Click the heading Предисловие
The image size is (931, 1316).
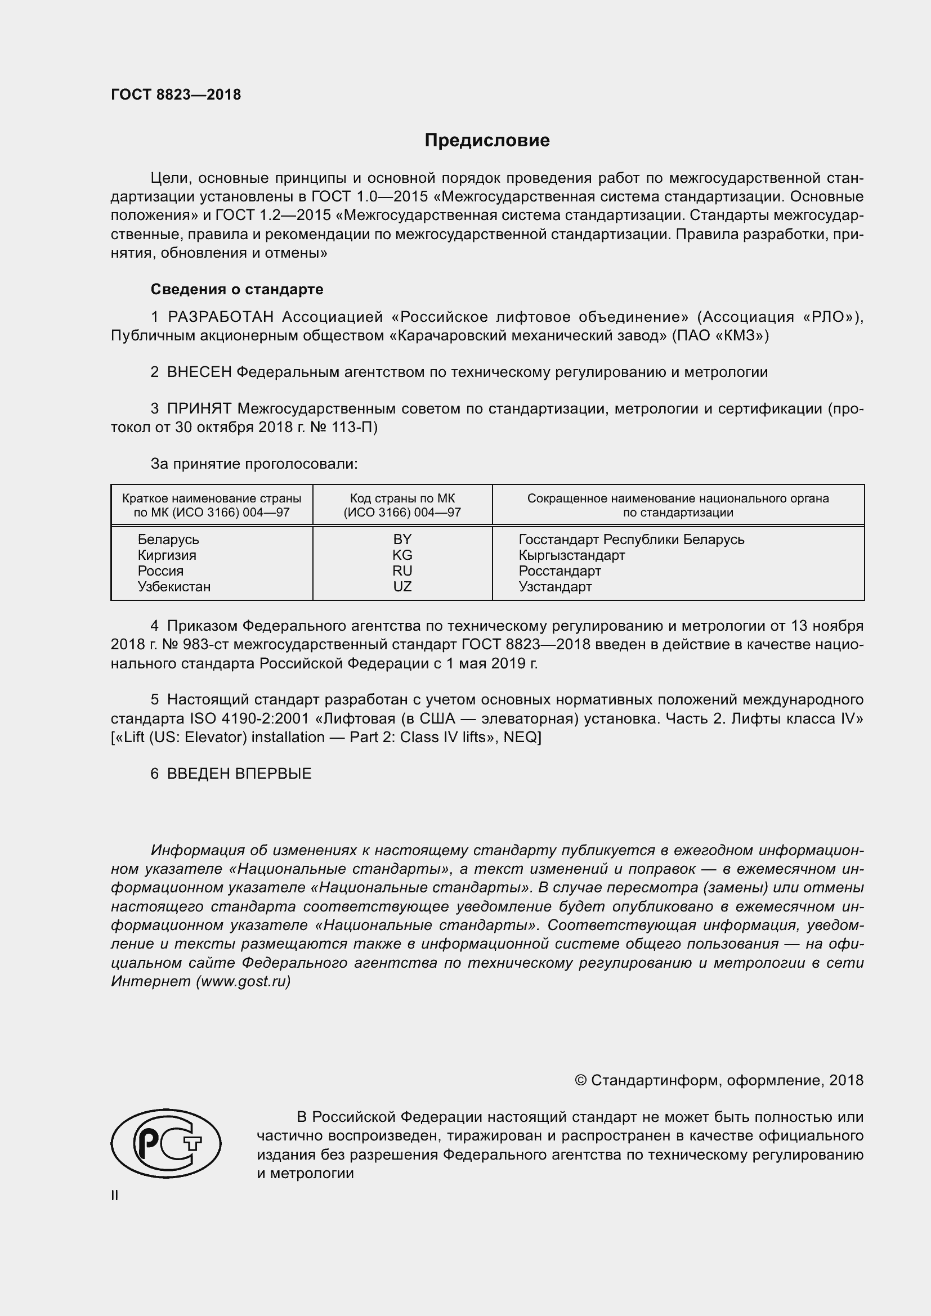pyautogui.click(x=487, y=141)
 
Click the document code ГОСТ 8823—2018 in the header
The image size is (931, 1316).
pyautogui.click(x=176, y=95)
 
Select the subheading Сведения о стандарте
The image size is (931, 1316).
pyautogui.click(x=237, y=289)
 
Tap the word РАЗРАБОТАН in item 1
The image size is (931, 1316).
pyautogui.click(x=221, y=317)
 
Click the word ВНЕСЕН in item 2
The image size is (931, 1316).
pyautogui.click(x=199, y=372)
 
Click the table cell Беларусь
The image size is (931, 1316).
pyautogui.click(x=168, y=540)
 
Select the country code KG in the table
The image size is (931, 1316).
pyautogui.click(x=402, y=555)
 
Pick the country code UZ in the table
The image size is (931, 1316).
pyautogui.click(x=402, y=586)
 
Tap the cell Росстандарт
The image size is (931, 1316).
pyautogui.click(x=560, y=571)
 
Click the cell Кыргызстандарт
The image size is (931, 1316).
pyautogui.click(x=571, y=555)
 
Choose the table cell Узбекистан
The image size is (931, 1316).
pyautogui.click(x=174, y=586)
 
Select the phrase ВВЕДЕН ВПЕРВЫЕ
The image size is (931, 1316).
pyautogui.click(x=239, y=774)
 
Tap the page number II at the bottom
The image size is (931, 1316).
pyautogui.click(x=115, y=1196)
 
